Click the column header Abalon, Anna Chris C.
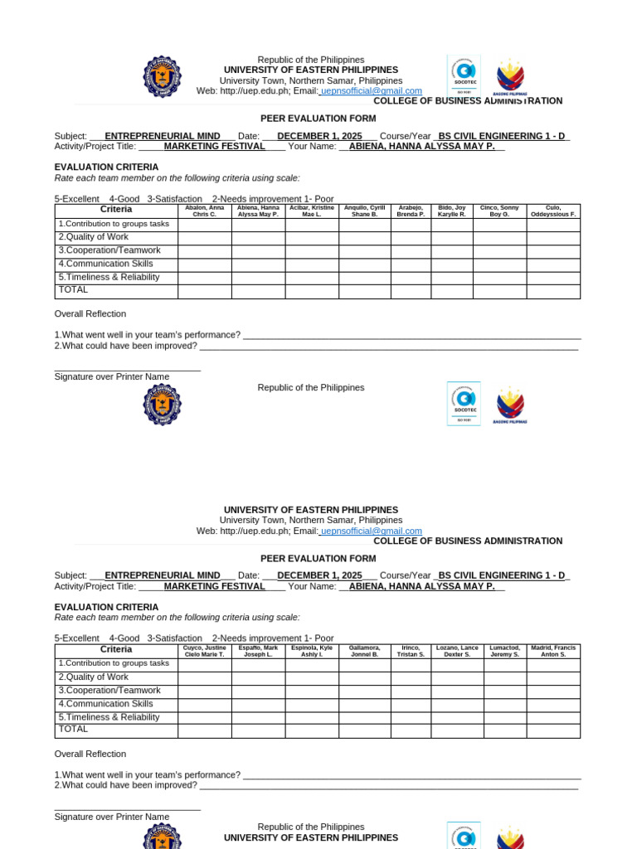[x=205, y=211]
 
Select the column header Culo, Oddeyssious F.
[x=553, y=211]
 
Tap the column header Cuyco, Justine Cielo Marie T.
[x=205, y=651]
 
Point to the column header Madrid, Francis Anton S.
[x=553, y=651]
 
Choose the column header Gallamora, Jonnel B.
[x=364, y=651]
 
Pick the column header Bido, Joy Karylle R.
[x=452, y=211]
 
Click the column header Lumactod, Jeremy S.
[x=504, y=651]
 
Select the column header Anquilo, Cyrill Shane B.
[x=364, y=211]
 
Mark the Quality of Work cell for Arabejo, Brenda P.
[x=411, y=238]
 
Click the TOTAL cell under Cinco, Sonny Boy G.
[x=499, y=291]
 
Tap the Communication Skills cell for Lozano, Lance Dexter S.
[x=457, y=705]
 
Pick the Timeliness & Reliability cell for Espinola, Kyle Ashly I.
[x=312, y=718]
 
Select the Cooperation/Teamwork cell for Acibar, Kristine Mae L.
[x=312, y=251]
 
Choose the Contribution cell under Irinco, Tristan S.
[x=411, y=665]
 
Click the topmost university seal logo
[x=162, y=76]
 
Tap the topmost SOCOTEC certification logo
[x=463, y=75]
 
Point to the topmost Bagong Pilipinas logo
[x=510, y=78]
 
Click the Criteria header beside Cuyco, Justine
[x=116, y=650]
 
